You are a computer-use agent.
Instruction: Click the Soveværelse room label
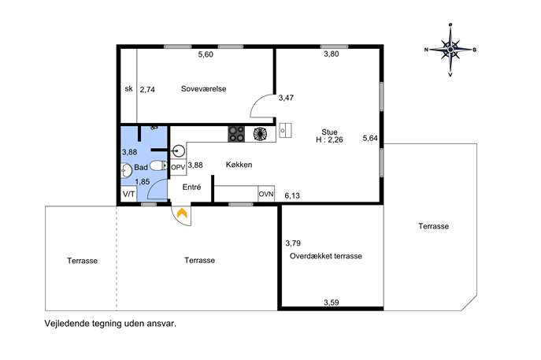click(x=204, y=89)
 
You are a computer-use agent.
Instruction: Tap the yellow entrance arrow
click(x=182, y=213)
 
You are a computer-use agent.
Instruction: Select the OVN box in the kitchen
click(x=266, y=194)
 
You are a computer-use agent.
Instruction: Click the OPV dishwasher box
click(x=178, y=167)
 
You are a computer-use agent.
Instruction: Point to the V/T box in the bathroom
click(x=129, y=194)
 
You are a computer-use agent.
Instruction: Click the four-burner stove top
click(x=236, y=134)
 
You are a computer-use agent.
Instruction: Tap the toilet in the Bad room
click(x=159, y=165)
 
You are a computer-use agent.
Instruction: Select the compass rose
click(x=450, y=50)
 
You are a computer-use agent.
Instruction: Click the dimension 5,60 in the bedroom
click(x=206, y=54)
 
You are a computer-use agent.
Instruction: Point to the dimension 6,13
click(x=292, y=195)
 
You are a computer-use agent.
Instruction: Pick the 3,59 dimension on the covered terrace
click(x=332, y=302)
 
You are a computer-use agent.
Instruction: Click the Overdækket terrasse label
click(x=326, y=256)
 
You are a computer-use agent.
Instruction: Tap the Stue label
click(x=329, y=132)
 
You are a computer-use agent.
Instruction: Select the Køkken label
click(x=239, y=165)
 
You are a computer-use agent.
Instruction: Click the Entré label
click(x=191, y=187)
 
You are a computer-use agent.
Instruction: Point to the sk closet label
click(x=128, y=89)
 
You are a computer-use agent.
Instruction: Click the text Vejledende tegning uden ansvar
click(x=110, y=324)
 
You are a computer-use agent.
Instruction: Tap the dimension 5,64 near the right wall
click(x=370, y=138)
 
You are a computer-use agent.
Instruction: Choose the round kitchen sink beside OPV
click(x=179, y=150)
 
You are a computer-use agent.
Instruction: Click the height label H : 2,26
click(x=329, y=139)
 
